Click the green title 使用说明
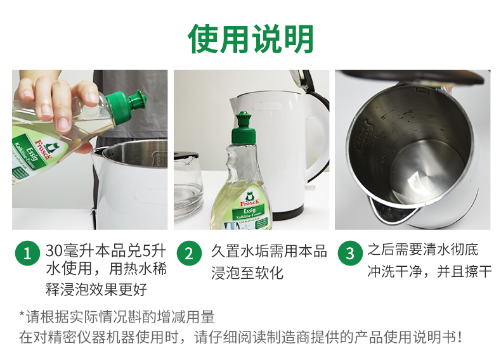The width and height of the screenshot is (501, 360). coord(251,39)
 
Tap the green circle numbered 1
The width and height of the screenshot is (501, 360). coord(27,253)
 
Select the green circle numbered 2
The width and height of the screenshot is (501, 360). coord(189,253)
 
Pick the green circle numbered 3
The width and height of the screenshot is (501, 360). coord(350,253)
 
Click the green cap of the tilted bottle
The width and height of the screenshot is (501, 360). coord(126,106)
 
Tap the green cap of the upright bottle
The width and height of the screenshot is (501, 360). coord(244,129)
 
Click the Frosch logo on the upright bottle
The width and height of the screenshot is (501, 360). coord(250,200)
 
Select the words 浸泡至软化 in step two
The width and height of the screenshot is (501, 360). coord(247,273)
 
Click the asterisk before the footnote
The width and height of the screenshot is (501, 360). coord(22,314)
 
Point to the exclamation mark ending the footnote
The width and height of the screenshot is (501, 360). coord(460,337)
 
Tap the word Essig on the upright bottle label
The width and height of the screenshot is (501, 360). coord(249,211)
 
